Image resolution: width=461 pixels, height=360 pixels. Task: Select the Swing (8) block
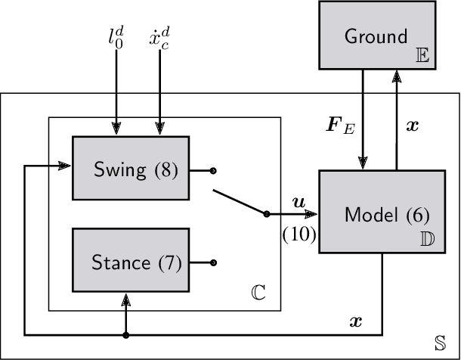coord(131,170)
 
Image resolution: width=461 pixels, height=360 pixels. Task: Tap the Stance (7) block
coord(131,262)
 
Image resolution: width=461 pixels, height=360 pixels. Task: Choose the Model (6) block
coord(381,214)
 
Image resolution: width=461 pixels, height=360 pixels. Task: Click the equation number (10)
coord(298,235)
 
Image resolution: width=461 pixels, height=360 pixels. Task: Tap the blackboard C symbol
coord(260,291)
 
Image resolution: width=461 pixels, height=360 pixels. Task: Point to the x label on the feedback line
coord(356,321)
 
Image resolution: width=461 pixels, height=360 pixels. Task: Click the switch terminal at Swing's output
coord(213,170)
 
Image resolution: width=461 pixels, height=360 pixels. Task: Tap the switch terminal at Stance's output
coord(213,262)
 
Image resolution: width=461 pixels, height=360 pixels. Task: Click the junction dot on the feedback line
coord(125,334)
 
